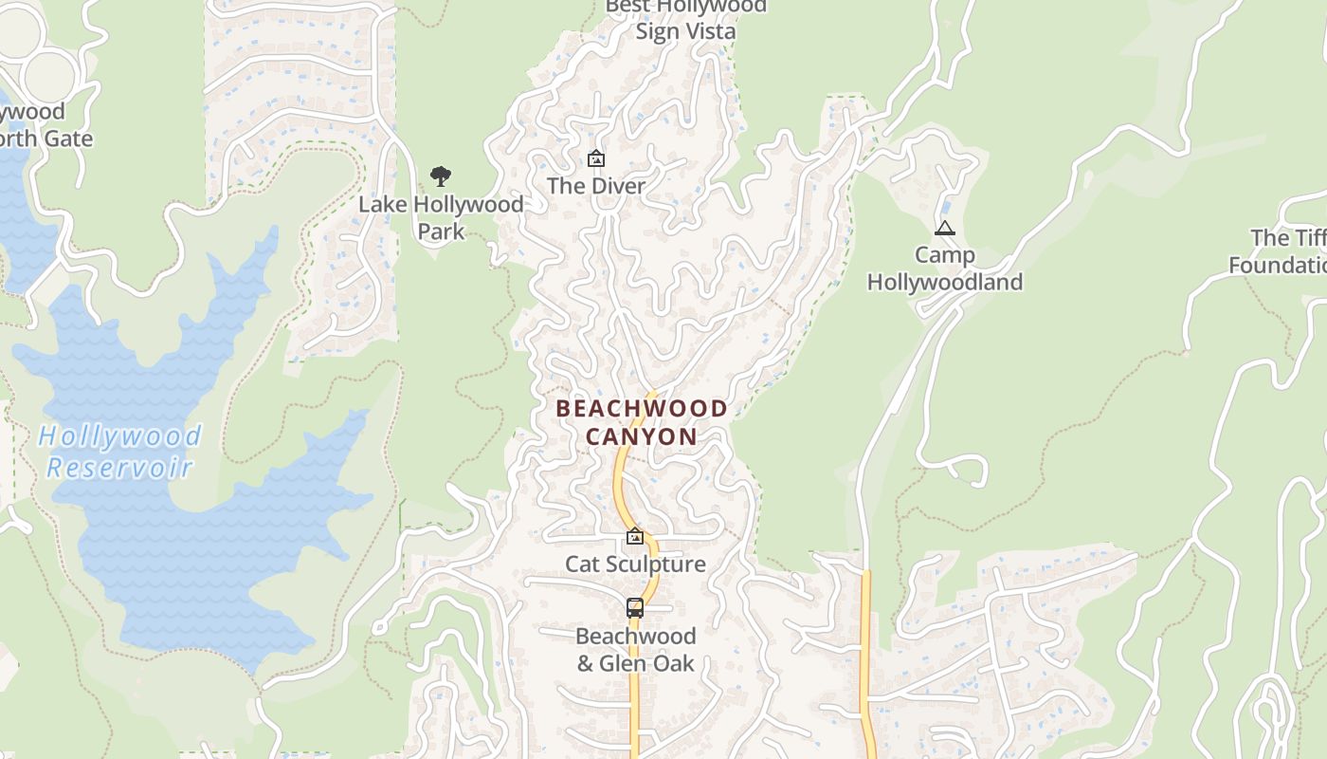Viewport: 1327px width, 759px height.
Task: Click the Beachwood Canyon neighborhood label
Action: click(x=642, y=422)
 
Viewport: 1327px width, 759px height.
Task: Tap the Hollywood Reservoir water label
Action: click(x=120, y=452)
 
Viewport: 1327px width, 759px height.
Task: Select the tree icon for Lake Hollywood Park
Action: click(x=440, y=176)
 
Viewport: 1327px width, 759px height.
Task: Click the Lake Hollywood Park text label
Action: click(x=441, y=217)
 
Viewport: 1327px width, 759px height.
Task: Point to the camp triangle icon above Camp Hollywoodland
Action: click(x=944, y=229)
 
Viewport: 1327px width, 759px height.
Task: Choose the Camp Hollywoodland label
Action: click(x=945, y=268)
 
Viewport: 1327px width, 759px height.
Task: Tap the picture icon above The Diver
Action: click(x=596, y=158)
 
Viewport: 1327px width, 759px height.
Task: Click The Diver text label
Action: click(x=596, y=186)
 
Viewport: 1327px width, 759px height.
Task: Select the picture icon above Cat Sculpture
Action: click(x=635, y=537)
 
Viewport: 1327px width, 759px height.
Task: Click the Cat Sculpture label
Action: click(x=635, y=564)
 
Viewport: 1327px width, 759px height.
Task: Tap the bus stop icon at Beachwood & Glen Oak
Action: click(x=635, y=608)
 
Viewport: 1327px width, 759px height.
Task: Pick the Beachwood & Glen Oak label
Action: click(x=635, y=649)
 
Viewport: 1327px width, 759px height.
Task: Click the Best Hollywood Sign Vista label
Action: click(x=685, y=18)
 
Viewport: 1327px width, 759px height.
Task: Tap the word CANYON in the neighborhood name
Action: click(x=642, y=436)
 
